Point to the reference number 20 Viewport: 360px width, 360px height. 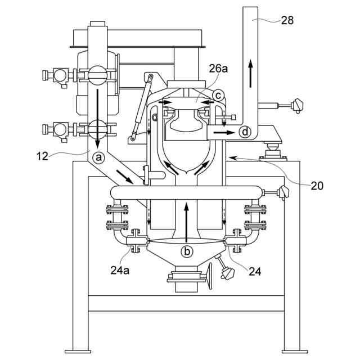317,186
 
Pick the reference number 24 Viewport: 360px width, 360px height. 255,272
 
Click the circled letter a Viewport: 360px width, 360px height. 98,157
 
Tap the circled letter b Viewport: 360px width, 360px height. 187,251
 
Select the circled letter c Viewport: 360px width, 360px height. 217,96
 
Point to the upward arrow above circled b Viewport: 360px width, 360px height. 187,222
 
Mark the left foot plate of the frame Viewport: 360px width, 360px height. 78,352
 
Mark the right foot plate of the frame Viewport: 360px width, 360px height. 295,352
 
